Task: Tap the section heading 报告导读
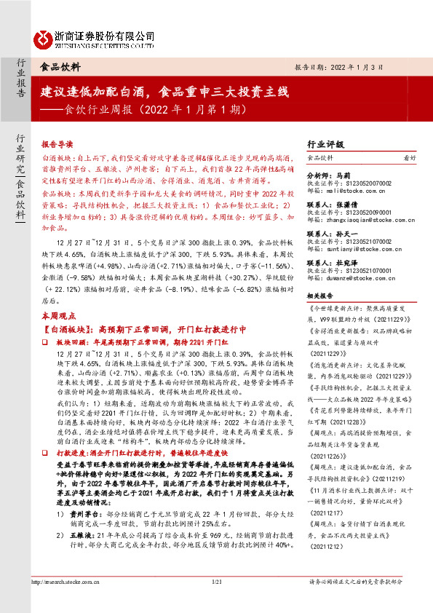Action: coord(57,145)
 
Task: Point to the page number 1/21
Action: coord(216,602)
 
